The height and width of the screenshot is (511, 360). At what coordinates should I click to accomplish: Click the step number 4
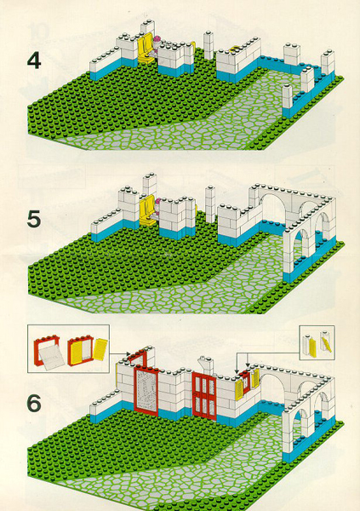pos(34,61)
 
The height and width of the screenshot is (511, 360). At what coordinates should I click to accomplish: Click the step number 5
pos(34,219)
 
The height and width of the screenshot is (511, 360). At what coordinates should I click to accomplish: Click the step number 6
pos(34,403)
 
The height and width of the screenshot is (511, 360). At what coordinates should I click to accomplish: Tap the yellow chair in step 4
pos(146,48)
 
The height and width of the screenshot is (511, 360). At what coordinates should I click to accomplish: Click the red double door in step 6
pos(204,394)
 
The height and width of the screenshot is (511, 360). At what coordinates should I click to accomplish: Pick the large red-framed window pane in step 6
pos(146,390)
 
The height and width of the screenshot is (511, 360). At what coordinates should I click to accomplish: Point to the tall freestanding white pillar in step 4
pos(209,45)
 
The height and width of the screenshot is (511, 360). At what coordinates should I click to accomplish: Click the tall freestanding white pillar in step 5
pos(210,203)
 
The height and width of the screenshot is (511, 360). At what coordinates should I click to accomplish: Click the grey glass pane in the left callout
pos(51,358)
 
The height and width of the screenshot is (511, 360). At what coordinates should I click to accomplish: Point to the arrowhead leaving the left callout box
pos(129,354)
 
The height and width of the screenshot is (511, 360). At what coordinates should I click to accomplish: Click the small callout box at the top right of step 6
pos(317,343)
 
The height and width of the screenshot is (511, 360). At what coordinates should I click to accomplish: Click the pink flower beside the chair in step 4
pos(157,40)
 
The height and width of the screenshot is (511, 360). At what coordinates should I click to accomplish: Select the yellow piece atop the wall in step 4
pos(235,49)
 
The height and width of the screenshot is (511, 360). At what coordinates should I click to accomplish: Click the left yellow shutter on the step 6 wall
pos(240,386)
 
